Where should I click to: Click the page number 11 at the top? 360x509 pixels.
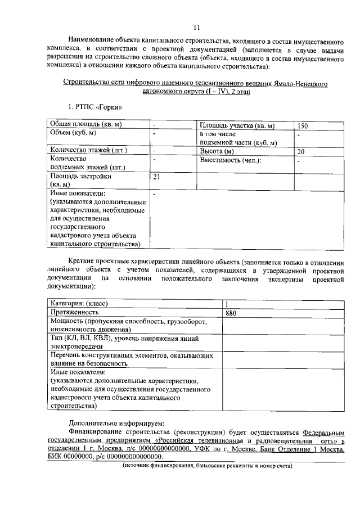coord(196,27)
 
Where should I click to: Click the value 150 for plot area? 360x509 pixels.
coord(303,125)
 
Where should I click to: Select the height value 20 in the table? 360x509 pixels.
coord(301,151)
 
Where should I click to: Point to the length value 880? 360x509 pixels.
coord(231,312)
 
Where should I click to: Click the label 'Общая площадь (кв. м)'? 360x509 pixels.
coord(87,124)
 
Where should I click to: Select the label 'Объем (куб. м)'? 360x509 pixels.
coord(73,133)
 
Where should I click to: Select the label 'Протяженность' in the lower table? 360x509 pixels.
coord(75,312)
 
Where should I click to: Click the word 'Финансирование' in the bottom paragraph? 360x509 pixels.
coord(100,432)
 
